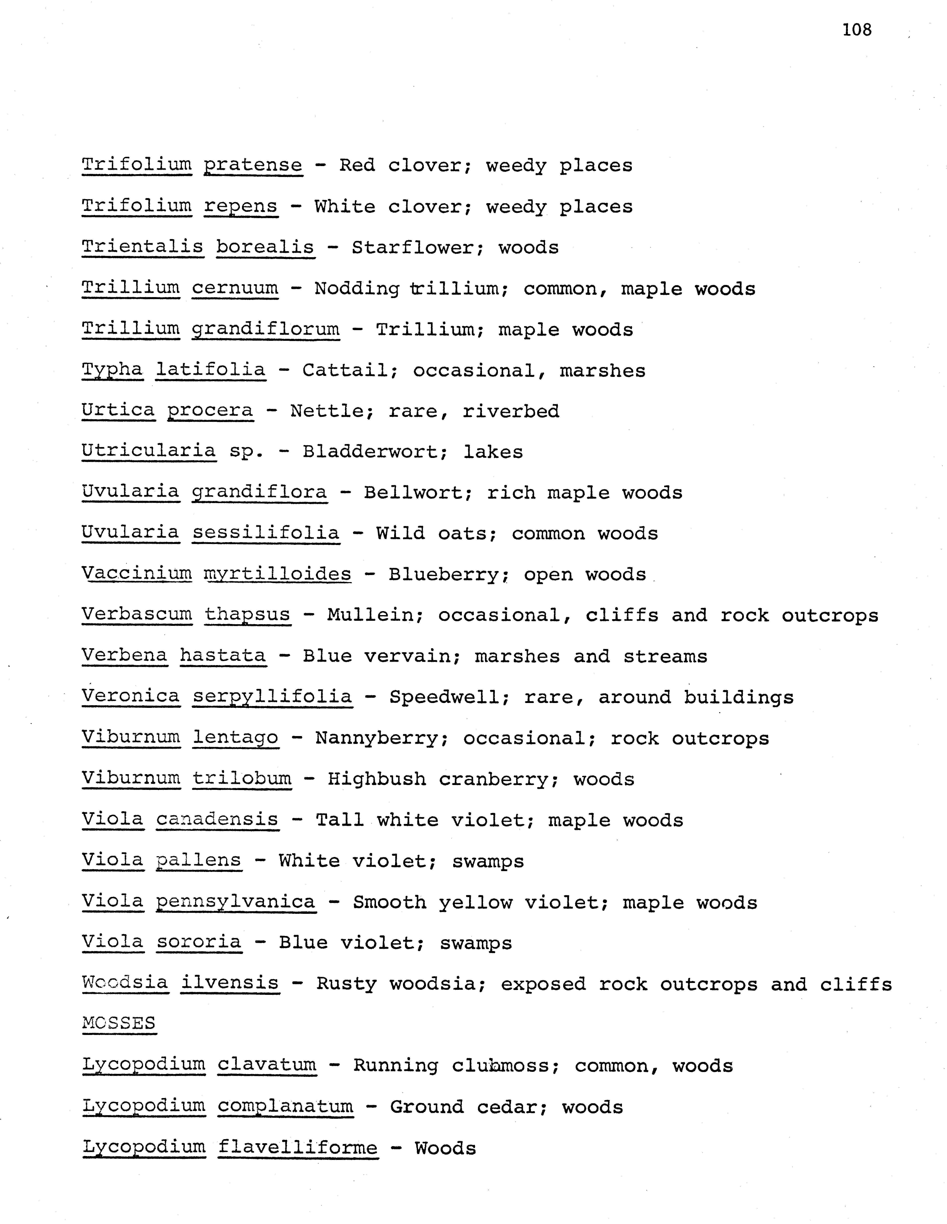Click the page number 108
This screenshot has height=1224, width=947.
point(857,30)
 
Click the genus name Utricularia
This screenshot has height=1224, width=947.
point(148,451)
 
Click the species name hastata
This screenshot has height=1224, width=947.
point(223,656)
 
